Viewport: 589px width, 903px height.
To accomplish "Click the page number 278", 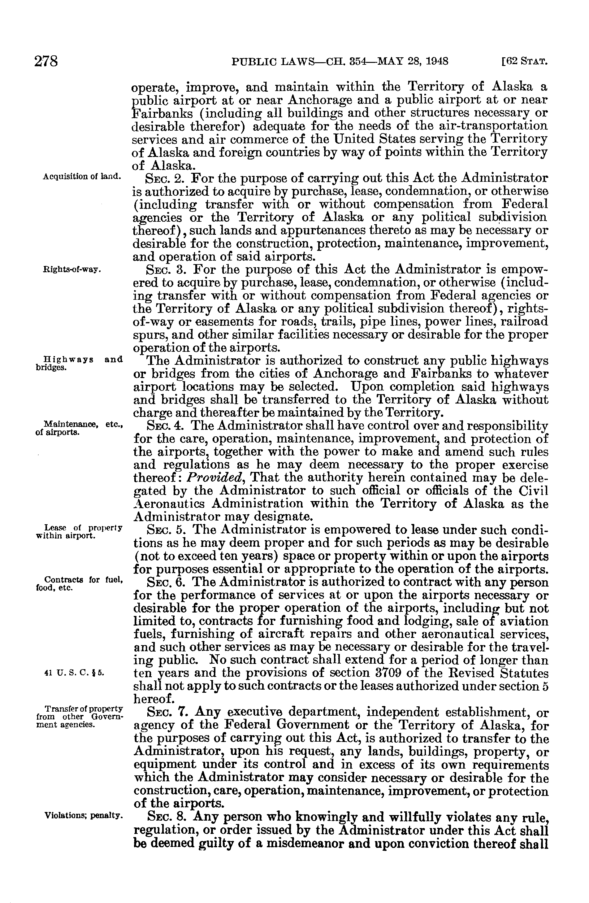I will [45, 61].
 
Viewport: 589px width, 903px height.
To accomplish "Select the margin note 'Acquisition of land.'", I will [82, 177].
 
